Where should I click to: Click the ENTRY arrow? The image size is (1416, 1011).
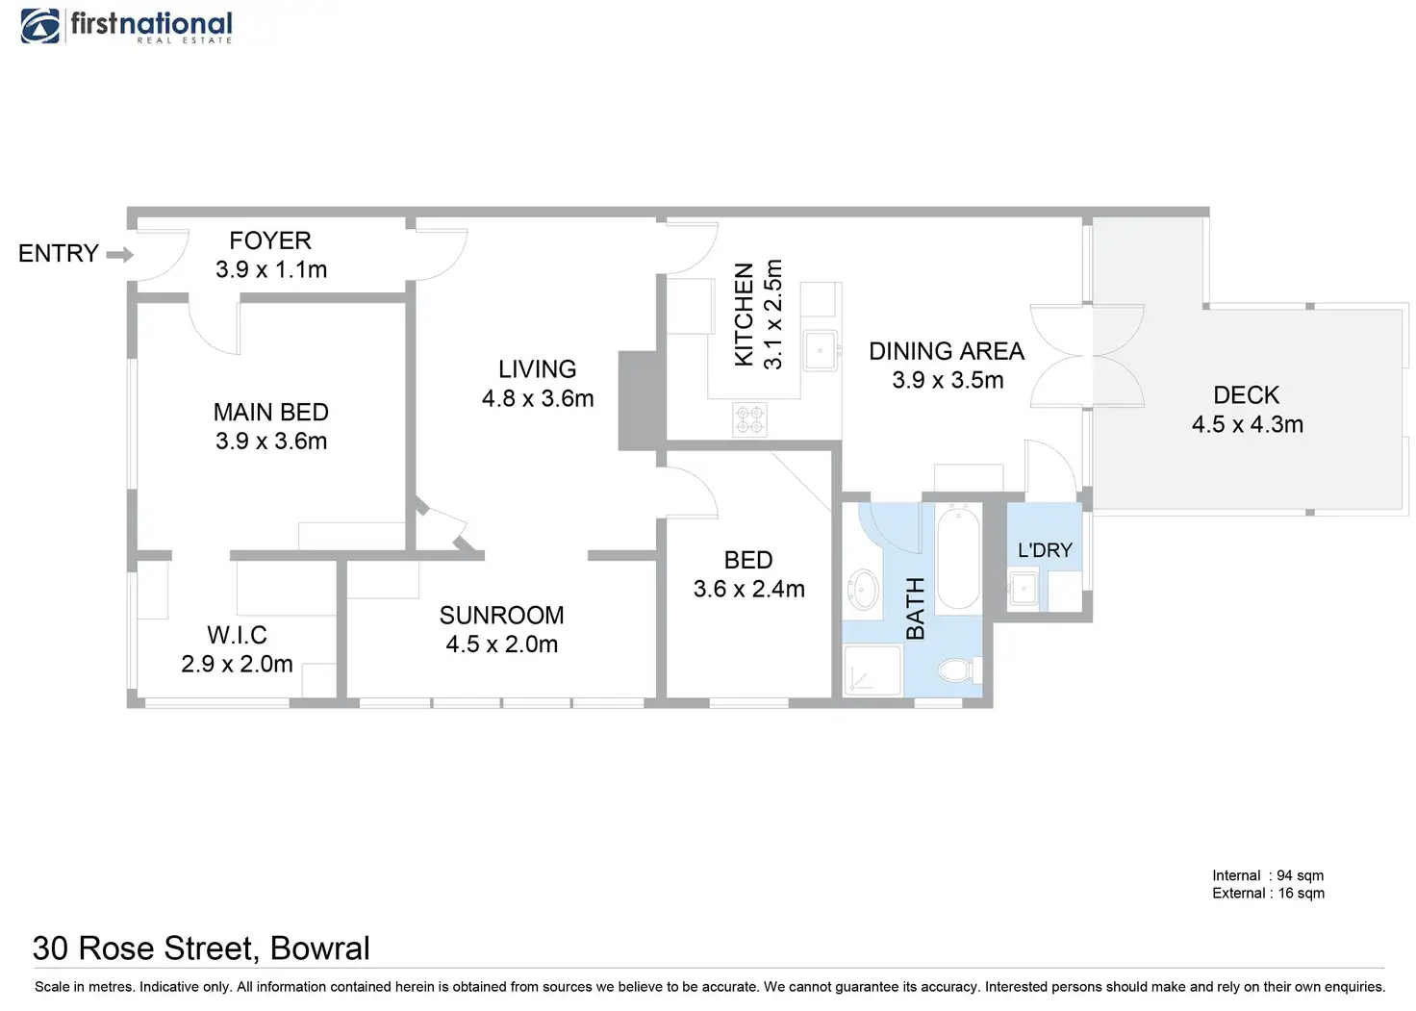pos(119,255)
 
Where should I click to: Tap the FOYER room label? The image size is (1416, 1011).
pos(270,240)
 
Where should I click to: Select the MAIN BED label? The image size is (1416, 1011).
pos(271,413)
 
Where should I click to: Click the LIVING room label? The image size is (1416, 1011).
pos(537,369)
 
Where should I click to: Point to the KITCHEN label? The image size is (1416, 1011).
pos(745,315)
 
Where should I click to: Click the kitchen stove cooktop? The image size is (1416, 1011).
pos(749,419)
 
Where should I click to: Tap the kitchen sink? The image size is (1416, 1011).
pos(821,350)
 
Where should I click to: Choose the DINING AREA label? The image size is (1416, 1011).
pos(947,352)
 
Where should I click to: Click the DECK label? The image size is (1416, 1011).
pos(1246,395)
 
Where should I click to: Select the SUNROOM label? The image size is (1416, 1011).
pos(501,616)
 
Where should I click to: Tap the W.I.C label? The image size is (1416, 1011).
pos(237,635)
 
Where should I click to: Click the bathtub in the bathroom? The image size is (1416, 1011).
pos(957,559)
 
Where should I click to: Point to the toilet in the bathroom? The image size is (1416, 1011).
pos(956,670)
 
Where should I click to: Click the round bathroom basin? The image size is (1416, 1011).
pos(863,589)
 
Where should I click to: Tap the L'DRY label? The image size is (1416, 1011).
pos(1045,550)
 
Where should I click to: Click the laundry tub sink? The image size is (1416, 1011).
pos(1024,588)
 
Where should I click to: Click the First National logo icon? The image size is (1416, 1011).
pos(40,26)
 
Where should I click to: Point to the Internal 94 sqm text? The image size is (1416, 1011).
pos(1267,875)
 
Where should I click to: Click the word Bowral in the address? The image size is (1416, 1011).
pos(319,948)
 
